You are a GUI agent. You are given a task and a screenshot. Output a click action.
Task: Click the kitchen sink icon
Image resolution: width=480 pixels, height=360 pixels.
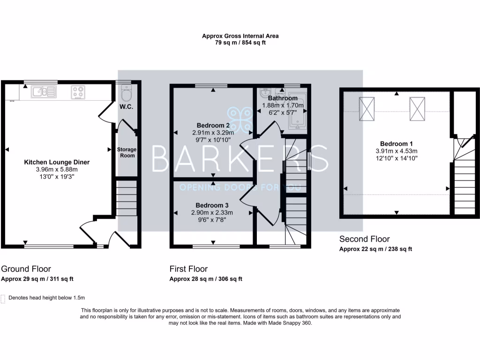point(43,91)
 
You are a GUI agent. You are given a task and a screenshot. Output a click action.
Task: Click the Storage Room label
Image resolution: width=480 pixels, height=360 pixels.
point(127,152)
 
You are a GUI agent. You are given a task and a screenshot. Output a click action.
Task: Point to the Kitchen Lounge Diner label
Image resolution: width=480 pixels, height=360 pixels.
point(57,162)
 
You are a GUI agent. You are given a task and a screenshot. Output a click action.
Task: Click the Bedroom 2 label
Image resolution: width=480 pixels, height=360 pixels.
point(213,126)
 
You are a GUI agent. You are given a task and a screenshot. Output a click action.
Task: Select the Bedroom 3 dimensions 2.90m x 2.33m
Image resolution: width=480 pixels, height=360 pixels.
point(212,213)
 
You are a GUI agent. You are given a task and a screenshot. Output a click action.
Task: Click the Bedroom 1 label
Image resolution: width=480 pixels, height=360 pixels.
point(396,143)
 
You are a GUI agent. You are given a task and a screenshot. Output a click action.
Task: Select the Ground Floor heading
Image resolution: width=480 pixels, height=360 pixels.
point(26,269)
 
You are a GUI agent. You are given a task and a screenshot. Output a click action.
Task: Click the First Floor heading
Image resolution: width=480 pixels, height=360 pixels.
point(188,269)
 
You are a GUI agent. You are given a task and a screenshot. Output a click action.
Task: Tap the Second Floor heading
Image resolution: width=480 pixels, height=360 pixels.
point(365,239)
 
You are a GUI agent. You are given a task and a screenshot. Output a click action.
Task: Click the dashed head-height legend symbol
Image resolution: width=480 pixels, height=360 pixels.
point(3,298)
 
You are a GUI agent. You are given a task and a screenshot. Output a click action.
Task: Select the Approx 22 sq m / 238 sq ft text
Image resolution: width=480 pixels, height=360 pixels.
point(375,249)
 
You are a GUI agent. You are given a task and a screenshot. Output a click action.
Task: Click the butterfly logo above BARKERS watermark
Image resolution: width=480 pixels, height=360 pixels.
point(240,120)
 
